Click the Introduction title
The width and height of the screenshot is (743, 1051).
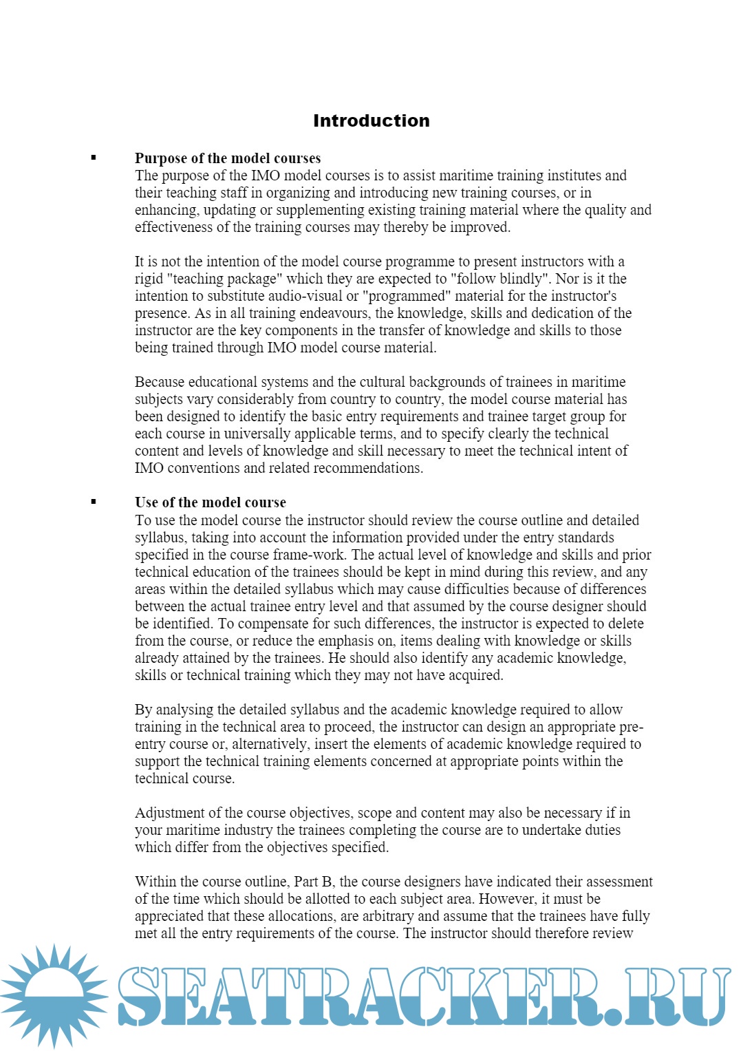click(371, 121)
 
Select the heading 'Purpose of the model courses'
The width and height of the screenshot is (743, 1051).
click(228, 158)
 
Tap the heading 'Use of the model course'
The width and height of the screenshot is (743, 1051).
click(210, 502)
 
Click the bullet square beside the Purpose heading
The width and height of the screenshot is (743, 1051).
click(94, 158)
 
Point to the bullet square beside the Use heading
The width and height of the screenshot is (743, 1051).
click(94, 502)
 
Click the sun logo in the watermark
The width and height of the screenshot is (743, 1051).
click(54, 996)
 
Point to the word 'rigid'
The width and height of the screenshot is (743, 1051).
click(149, 279)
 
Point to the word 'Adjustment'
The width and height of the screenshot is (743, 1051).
click(168, 813)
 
